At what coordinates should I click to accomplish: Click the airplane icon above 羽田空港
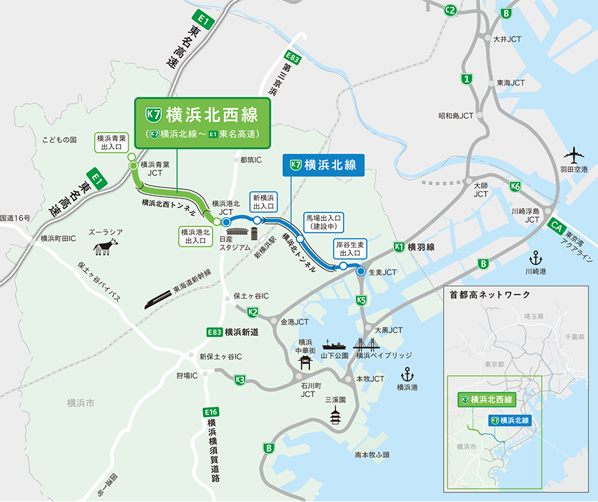coord(573,153)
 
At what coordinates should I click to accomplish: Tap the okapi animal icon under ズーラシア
coord(105,246)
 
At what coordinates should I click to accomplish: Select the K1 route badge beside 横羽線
coord(398,247)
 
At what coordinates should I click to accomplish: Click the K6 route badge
coord(515,186)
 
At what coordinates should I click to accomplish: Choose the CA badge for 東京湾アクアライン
coord(556,225)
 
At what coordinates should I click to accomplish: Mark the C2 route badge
coord(451,10)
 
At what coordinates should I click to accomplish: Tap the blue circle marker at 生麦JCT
coord(360,272)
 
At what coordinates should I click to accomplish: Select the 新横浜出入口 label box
coord(264,201)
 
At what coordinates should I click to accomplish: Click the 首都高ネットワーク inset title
coord(490,294)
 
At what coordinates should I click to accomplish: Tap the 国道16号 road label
coord(16,218)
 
